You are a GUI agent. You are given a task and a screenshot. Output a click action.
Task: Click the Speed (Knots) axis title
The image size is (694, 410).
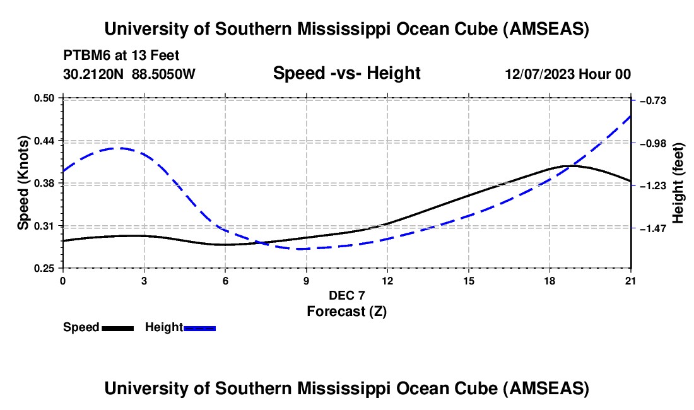23,183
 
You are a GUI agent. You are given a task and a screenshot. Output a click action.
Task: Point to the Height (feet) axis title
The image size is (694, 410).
679,183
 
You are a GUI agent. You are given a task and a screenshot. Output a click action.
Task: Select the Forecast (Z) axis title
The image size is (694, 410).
346,311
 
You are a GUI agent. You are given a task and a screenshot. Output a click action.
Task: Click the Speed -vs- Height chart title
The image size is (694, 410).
346,73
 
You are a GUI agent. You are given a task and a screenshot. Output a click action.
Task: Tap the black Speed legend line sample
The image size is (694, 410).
118,328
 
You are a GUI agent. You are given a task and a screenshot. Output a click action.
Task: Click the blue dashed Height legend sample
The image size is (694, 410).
200,328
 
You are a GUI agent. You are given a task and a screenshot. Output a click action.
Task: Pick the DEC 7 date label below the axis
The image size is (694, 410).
346,295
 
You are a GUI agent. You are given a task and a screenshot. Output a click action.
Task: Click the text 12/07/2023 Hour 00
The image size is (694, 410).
568,74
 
